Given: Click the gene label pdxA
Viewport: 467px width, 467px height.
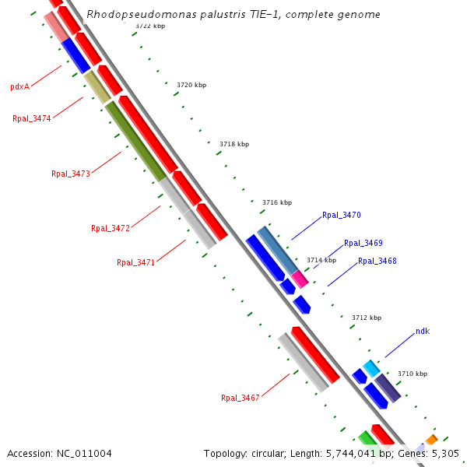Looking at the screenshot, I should point(19,86).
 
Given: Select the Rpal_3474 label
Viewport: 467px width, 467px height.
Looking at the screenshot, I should point(32,118).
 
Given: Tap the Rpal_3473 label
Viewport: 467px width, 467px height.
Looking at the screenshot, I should point(71,174).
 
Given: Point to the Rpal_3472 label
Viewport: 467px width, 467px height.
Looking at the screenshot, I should point(110,228).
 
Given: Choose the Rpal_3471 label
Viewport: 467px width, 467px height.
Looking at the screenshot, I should point(136,262).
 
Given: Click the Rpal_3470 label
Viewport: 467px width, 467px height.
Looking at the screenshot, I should point(341,215).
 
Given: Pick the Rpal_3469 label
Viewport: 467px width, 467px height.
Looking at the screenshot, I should point(363,243).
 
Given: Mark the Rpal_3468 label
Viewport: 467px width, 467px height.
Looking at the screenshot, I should point(377,261).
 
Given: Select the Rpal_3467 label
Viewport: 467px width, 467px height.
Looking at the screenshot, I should point(240,398).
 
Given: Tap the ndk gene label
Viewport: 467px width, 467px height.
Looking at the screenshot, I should point(422,331).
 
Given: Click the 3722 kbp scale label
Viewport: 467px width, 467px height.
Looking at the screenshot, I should point(149,26).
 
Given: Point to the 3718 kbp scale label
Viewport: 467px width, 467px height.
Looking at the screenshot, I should point(234,144).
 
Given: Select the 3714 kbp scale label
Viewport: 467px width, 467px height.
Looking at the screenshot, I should point(321,260).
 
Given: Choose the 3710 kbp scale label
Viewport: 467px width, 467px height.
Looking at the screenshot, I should point(413,374).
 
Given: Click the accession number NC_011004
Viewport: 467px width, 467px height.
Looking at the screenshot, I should point(84,453).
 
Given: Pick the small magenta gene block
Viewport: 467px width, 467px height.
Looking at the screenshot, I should point(300,278).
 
